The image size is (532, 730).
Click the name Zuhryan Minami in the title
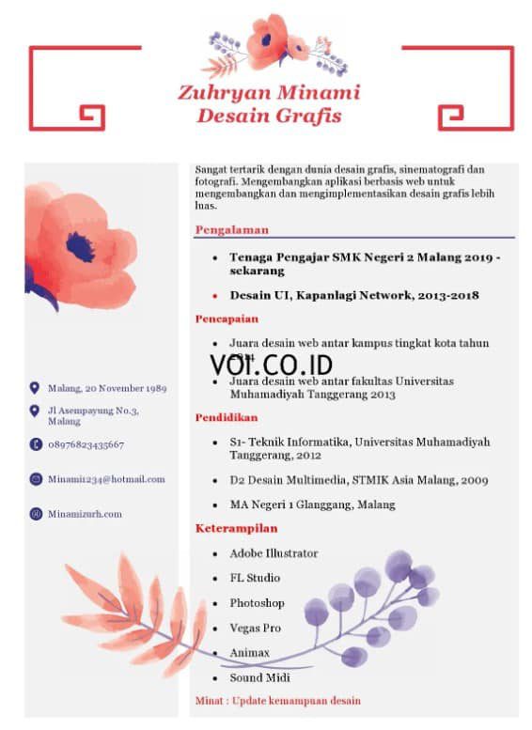(269, 94)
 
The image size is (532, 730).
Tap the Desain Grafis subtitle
(269, 116)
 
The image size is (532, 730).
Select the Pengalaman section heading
(232, 229)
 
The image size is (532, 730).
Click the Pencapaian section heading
(227, 319)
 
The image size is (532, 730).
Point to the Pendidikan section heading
(227, 417)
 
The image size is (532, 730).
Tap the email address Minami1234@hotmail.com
(106, 479)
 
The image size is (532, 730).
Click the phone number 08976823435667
(86, 444)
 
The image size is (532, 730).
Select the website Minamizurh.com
(85, 514)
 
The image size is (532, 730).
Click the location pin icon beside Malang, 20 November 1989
(35, 387)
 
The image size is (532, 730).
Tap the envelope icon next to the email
(35, 479)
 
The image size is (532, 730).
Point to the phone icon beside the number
(35, 444)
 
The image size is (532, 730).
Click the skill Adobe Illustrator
(274, 554)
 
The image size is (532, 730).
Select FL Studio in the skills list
(255, 579)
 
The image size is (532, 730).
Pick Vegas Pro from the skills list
(255, 628)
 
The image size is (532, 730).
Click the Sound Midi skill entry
(259, 677)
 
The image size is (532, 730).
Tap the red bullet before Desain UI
(215, 296)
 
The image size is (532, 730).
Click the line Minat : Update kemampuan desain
(277, 701)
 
